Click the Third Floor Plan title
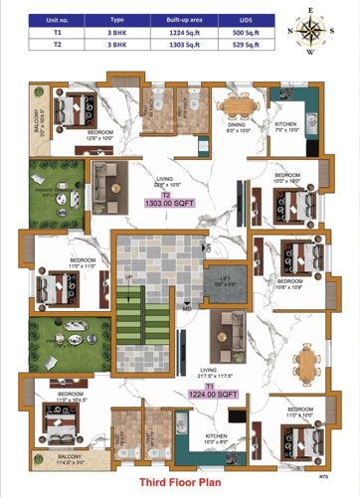[x=180, y=480]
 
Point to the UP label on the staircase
[x=126, y=277]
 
